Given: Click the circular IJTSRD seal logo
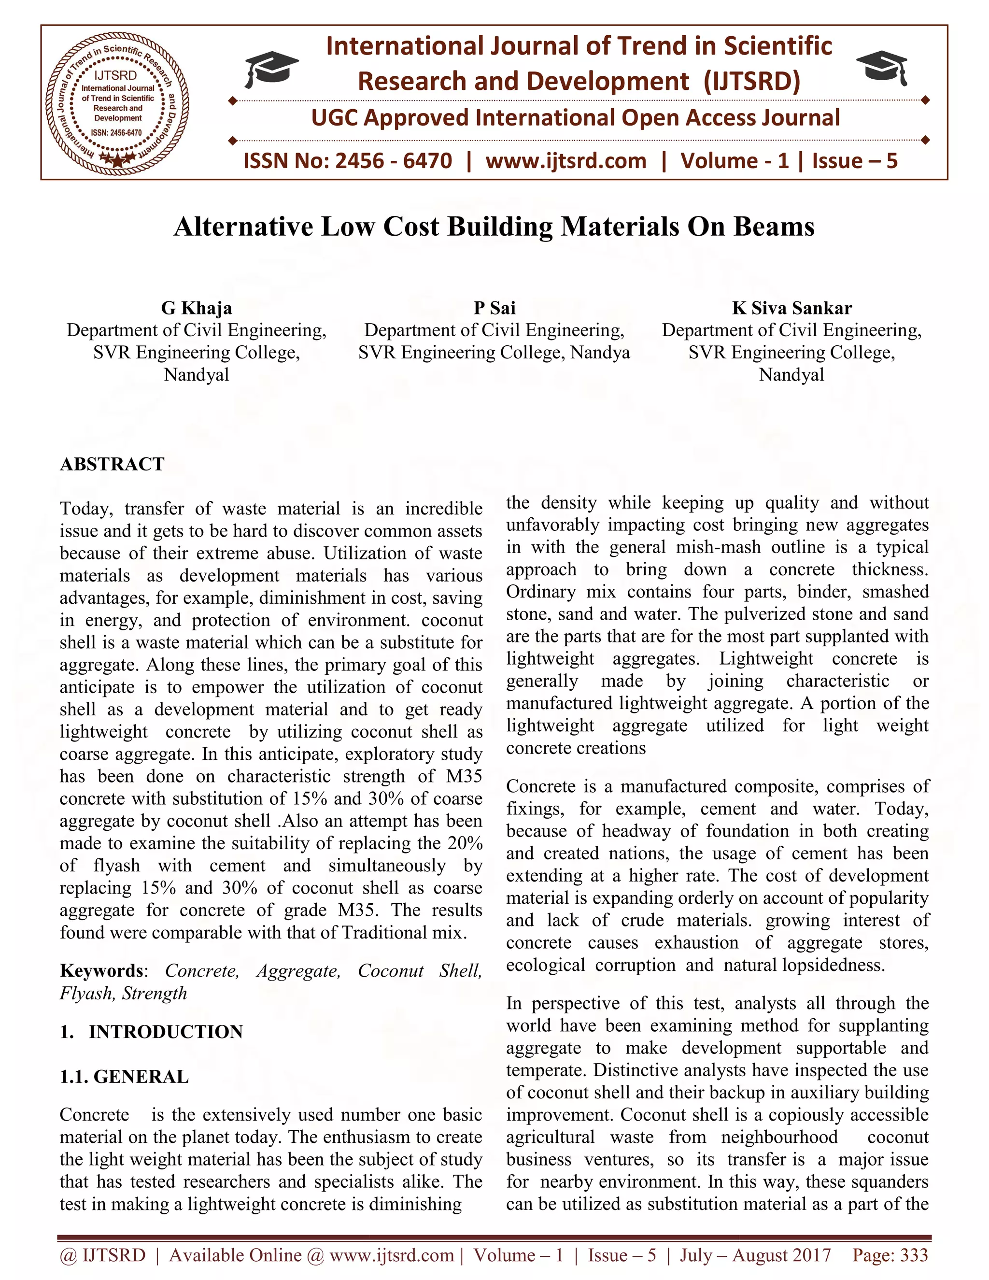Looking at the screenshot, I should tap(117, 102).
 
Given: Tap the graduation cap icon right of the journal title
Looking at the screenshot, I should tap(882, 66).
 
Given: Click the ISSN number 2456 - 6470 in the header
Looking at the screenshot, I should tap(393, 160).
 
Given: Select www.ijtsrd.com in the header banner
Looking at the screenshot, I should tap(566, 160).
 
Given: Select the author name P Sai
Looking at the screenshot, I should tap(494, 308).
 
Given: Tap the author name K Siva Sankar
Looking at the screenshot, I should tap(791, 308).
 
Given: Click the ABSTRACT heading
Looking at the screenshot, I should tap(112, 464).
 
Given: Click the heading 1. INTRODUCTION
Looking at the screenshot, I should tap(151, 1032).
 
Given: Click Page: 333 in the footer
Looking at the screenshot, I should tap(890, 1255).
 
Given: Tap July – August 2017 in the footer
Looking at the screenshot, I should tap(755, 1255).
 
